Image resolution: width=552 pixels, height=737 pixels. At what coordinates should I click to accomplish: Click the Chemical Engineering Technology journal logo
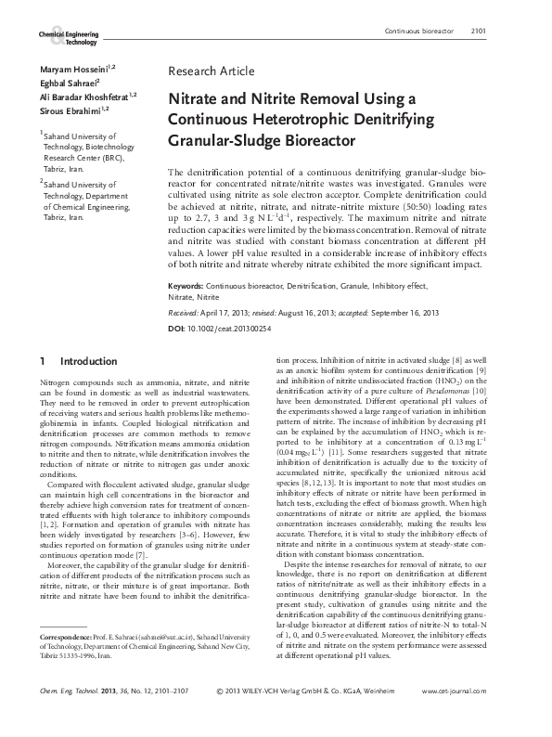pyautogui.click(x=67, y=37)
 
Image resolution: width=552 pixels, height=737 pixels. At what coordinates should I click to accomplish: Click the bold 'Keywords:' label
pyautogui.click(x=186, y=237)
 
